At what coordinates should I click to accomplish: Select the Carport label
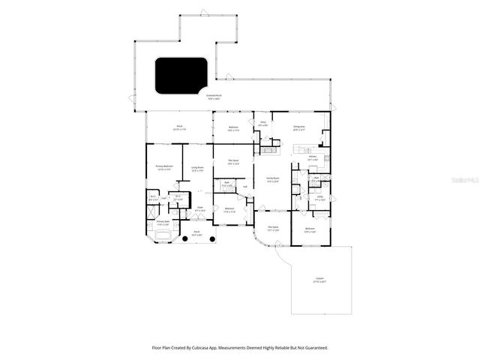319,281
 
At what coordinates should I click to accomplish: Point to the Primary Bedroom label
164,167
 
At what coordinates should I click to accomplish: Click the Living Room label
198,169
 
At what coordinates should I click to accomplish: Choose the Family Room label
271,179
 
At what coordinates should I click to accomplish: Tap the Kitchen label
313,157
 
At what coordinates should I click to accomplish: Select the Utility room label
319,199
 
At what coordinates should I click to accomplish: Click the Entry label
262,123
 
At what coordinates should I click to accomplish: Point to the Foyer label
199,210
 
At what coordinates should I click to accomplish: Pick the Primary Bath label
163,223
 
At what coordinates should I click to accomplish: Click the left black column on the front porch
185,239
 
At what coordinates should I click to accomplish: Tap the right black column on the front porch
212,239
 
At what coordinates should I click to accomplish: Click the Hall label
244,187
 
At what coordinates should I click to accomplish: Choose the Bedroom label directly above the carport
310,230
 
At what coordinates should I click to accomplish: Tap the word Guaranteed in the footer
313,347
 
